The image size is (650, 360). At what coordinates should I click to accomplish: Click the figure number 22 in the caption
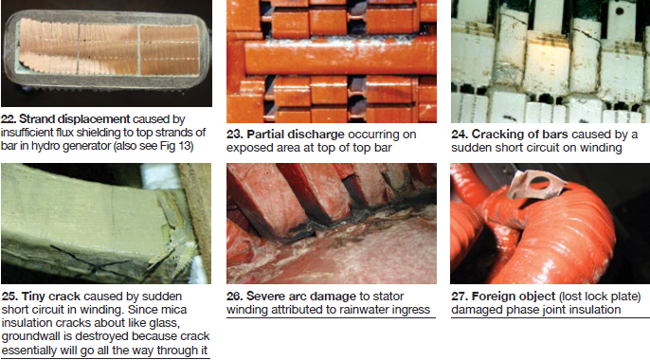(9, 119)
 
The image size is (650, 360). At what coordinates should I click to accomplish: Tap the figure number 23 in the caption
(235, 135)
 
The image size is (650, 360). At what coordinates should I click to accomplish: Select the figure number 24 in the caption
(460, 135)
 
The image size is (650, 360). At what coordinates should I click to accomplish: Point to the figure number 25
(9, 297)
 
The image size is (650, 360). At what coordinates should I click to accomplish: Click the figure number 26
(235, 297)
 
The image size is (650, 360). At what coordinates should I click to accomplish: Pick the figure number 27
(460, 297)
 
